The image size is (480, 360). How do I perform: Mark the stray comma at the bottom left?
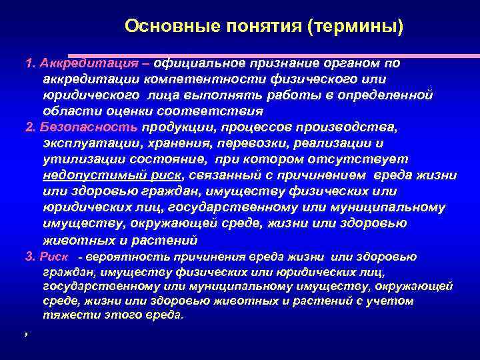(x=25, y=335)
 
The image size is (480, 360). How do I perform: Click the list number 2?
(x=29, y=127)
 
